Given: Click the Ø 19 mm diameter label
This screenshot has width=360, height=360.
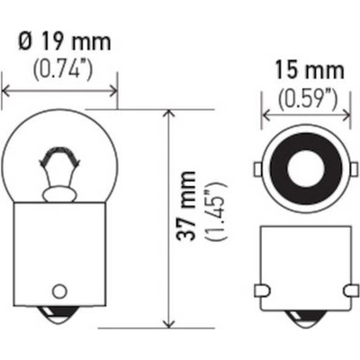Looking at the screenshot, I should [x=59, y=41].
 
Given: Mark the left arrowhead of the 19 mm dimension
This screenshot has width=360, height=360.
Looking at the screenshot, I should [x=8, y=90].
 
